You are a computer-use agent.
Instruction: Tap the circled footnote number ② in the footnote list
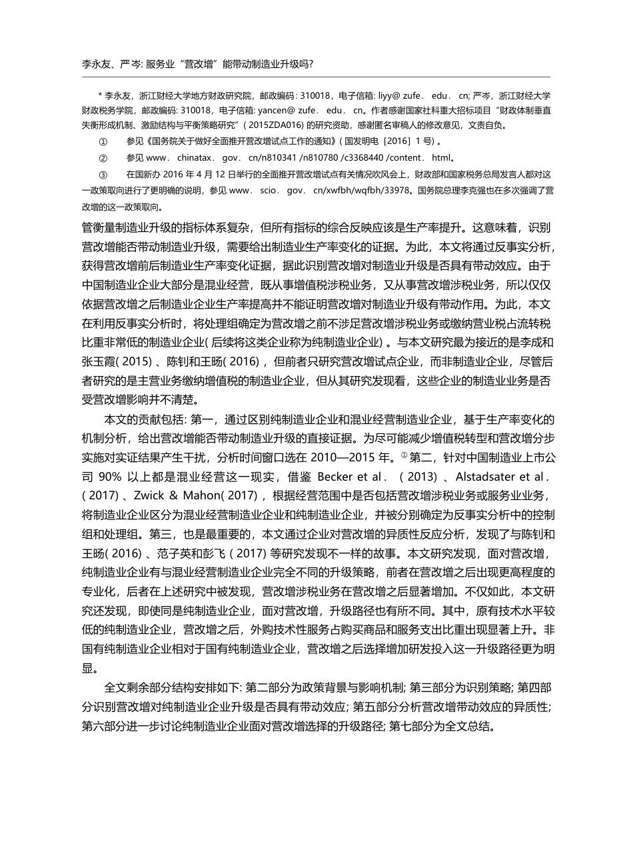pos(103,158)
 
